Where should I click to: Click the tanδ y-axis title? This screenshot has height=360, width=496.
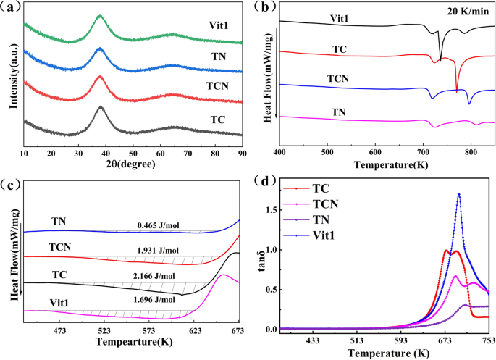(268, 261)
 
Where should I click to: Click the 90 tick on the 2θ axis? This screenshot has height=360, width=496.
(243, 154)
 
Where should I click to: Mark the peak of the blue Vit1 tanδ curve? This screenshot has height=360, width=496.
(458, 194)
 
